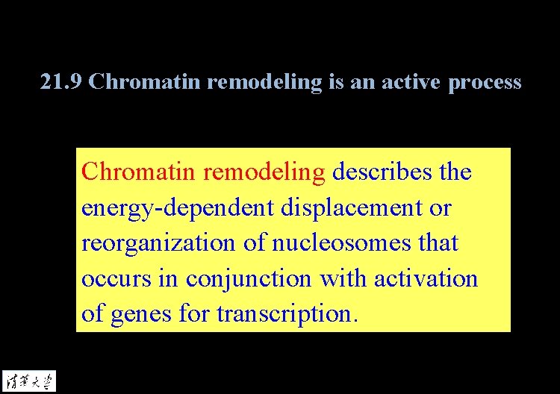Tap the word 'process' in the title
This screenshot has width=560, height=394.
485,82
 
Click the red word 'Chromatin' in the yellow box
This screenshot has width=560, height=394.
139,172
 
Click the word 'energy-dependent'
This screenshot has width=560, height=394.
178,207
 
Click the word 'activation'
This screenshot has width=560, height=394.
426,278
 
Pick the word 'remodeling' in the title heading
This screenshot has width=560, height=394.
264,81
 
